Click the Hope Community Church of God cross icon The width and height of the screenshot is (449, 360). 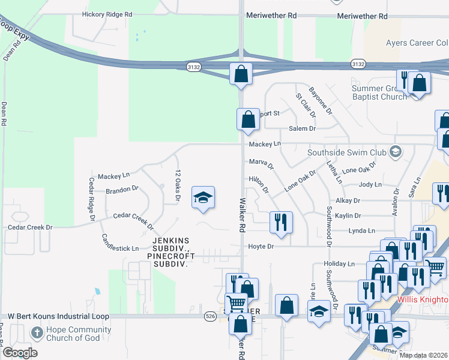(37, 332)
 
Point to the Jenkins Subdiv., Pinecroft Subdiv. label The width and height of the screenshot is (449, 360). (171, 251)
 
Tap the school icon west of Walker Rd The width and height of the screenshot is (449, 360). (203, 197)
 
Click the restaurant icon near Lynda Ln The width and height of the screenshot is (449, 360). (281, 222)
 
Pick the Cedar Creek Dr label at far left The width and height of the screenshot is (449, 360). (30, 227)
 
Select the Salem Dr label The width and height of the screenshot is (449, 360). (302, 128)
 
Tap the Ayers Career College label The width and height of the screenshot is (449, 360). (417, 43)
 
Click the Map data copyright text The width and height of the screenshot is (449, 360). (423, 355)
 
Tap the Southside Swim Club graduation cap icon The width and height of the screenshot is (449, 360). (396, 152)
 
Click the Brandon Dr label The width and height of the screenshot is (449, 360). (122, 189)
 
